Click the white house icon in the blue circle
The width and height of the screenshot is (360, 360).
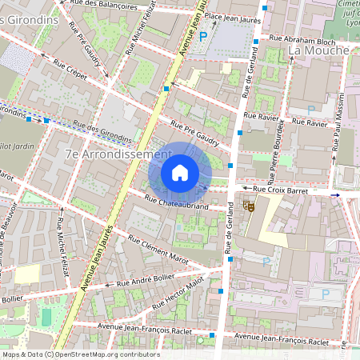click(x=180, y=173)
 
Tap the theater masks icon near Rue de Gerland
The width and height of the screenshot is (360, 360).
click(x=249, y=206)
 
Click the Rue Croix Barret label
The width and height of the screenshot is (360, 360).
click(x=285, y=190)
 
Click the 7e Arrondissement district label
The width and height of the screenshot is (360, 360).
click(x=118, y=153)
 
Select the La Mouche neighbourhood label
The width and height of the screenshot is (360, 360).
click(x=318, y=50)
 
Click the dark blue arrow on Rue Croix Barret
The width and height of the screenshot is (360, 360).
click(x=336, y=194)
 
